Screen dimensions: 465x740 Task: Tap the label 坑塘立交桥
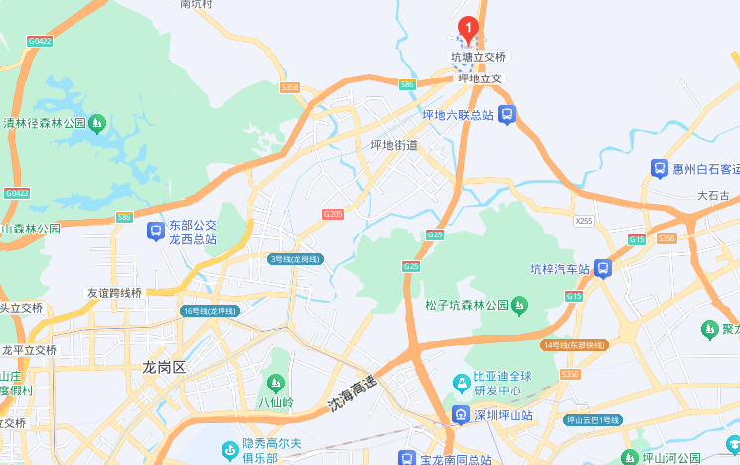tap(479, 58)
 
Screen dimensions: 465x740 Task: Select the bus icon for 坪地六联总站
tap(507, 115)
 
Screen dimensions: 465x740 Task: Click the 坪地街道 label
tap(394, 145)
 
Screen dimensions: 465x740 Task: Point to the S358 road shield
tap(290, 87)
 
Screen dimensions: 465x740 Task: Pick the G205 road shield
tap(332, 214)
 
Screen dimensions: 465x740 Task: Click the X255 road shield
tap(584, 220)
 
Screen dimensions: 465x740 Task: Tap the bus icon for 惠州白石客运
tap(659, 169)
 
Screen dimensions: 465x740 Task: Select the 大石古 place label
tap(713, 196)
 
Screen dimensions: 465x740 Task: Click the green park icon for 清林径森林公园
tap(97, 124)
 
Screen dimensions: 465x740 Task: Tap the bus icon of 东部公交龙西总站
tap(155, 232)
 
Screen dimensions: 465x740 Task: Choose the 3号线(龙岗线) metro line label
tap(295, 259)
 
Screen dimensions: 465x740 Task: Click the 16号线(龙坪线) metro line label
tap(210, 311)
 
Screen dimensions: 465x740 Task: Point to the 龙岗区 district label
tap(164, 367)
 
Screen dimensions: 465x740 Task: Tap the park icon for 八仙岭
tap(275, 383)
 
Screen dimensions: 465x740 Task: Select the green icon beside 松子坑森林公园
tap(519, 304)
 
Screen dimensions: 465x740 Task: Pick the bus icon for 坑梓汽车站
tap(603, 268)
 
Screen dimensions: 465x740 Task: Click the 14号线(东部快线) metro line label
tap(575, 344)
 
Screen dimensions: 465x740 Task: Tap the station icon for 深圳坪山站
tap(461, 414)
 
